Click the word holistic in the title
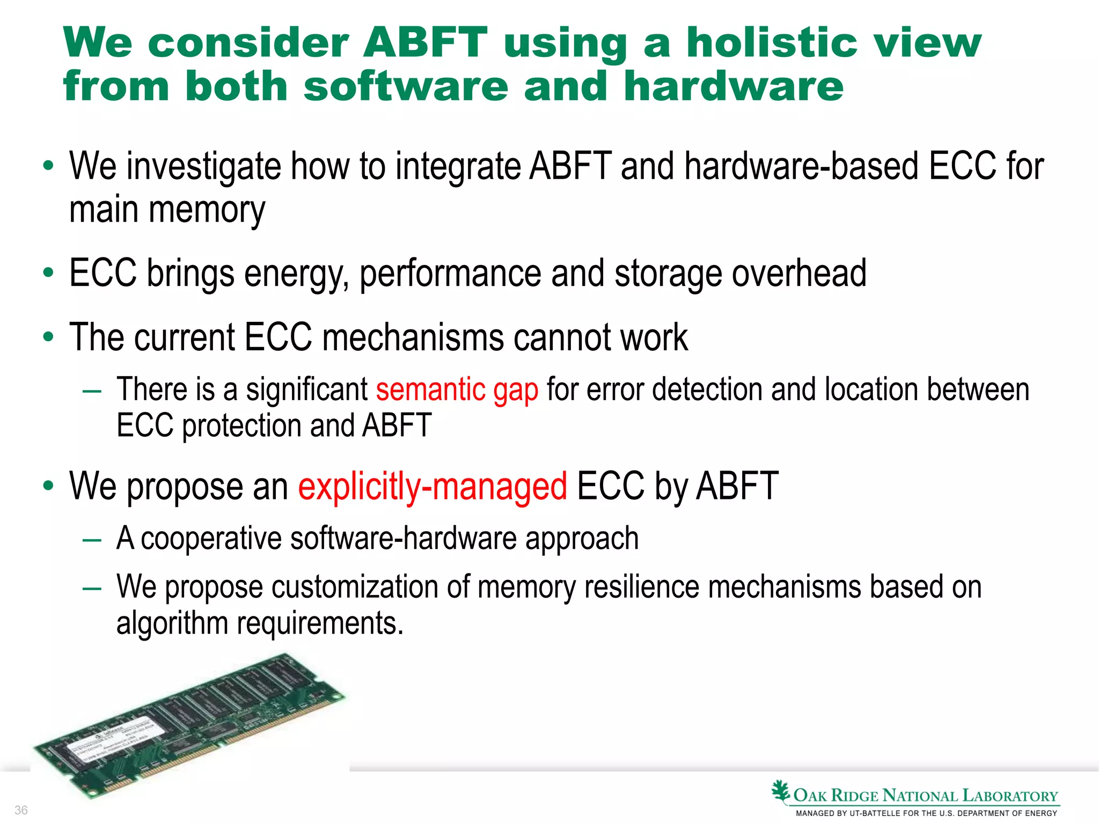[x=772, y=42]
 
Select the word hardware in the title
[x=734, y=86]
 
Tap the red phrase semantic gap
[x=457, y=389]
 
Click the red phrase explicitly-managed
[x=433, y=487]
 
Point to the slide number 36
[x=21, y=810]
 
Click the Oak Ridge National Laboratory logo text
[x=925, y=796]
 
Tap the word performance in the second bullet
[x=450, y=274]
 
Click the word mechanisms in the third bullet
[x=413, y=338]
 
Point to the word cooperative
[x=210, y=539]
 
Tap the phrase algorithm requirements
[x=260, y=623]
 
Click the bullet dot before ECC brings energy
[x=48, y=273]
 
